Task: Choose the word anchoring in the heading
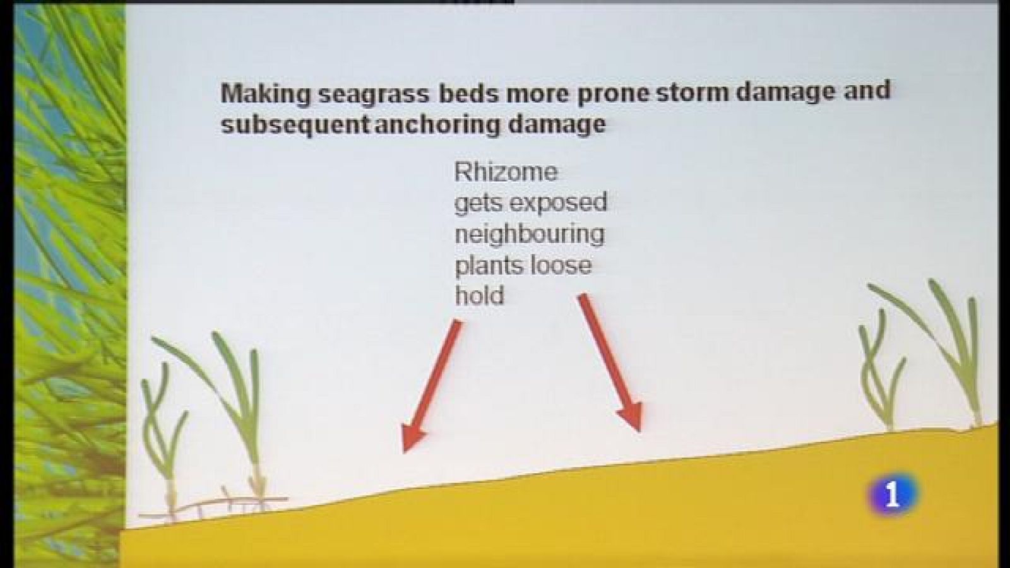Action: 437,124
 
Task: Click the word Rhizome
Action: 506,172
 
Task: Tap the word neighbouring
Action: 530,234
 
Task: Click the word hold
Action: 479,296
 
